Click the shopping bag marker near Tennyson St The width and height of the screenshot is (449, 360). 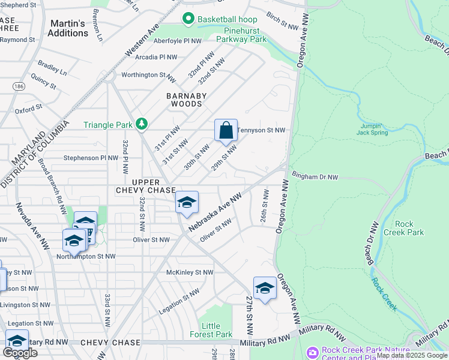(x=226, y=130)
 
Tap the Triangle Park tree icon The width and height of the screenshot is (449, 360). (x=142, y=124)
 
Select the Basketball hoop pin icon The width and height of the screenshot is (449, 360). (x=188, y=19)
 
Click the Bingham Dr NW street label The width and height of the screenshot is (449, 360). (x=315, y=177)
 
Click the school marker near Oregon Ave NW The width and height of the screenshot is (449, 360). (x=265, y=288)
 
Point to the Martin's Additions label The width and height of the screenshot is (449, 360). (x=69, y=28)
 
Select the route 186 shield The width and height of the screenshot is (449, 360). (x=20, y=87)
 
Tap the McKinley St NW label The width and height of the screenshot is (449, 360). (x=190, y=272)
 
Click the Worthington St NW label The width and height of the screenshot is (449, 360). (x=148, y=76)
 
